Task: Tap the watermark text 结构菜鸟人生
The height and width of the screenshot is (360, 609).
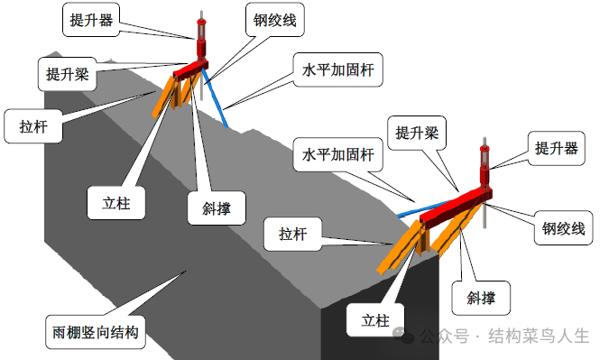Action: pyautogui.click(x=539, y=337)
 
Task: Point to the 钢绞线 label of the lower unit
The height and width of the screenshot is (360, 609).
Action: pyautogui.click(x=564, y=228)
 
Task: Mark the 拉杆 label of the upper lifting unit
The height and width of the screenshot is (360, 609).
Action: pyautogui.click(x=34, y=125)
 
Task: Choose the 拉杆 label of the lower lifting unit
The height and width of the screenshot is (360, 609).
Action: pyautogui.click(x=294, y=235)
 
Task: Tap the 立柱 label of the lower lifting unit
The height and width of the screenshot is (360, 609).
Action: pyautogui.click(x=374, y=319)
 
